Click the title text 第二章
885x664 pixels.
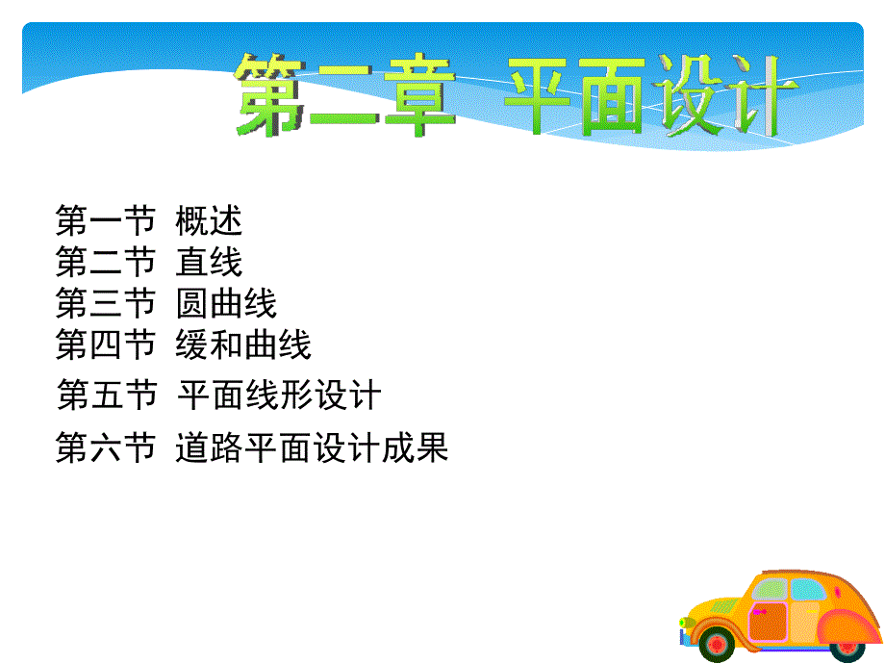point(344,95)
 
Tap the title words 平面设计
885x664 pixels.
point(649,96)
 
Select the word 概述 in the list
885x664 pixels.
point(209,220)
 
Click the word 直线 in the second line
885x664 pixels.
point(209,262)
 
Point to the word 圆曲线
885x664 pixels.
point(226,303)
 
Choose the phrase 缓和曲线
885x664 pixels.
point(243,345)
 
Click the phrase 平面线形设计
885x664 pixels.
point(280,395)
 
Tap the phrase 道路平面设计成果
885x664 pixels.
point(312,447)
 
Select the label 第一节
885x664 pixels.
point(106,220)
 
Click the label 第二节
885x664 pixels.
point(106,262)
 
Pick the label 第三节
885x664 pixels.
point(106,303)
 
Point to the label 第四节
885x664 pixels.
point(106,345)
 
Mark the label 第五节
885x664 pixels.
point(107,395)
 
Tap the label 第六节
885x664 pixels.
point(106,447)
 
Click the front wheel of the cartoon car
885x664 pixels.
point(717,645)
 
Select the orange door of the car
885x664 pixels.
point(768,621)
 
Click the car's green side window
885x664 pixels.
point(770,590)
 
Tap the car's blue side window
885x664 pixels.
point(808,590)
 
